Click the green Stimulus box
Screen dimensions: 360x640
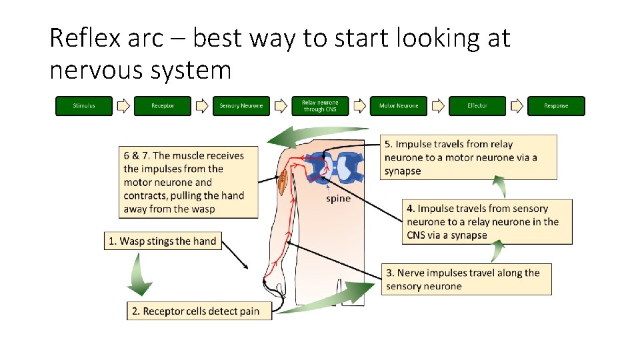point(84,106)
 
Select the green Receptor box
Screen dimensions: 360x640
point(163,106)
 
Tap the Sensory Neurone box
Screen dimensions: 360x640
point(241,106)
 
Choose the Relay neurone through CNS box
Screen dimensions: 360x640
point(320,106)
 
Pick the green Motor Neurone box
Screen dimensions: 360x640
point(399,106)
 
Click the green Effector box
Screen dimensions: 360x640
point(477,106)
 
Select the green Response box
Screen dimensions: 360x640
point(556,106)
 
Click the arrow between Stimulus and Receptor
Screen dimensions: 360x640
point(123,106)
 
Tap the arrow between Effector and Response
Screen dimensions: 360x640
point(517,106)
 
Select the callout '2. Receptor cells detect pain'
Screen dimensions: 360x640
point(199,311)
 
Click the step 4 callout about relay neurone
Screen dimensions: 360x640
point(487,222)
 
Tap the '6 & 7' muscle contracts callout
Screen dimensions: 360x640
point(189,182)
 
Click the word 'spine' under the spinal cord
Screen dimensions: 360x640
point(338,199)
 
